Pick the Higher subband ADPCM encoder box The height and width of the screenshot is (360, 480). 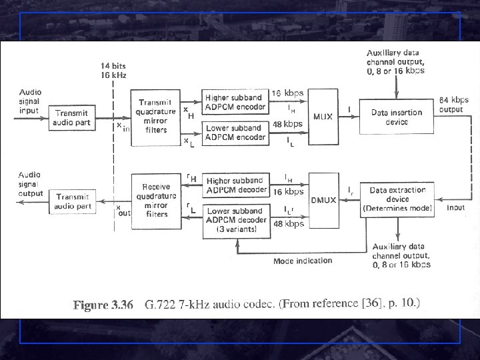(x=235, y=102)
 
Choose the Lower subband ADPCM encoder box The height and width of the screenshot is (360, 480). (x=235, y=133)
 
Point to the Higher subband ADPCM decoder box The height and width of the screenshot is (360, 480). (x=235, y=184)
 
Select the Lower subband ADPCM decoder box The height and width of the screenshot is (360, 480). (x=235, y=219)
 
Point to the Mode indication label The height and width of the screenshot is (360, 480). (x=302, y=261)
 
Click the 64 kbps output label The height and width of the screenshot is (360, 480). (x=451, y=105)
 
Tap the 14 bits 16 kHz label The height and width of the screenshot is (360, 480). (x=113, y=71)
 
